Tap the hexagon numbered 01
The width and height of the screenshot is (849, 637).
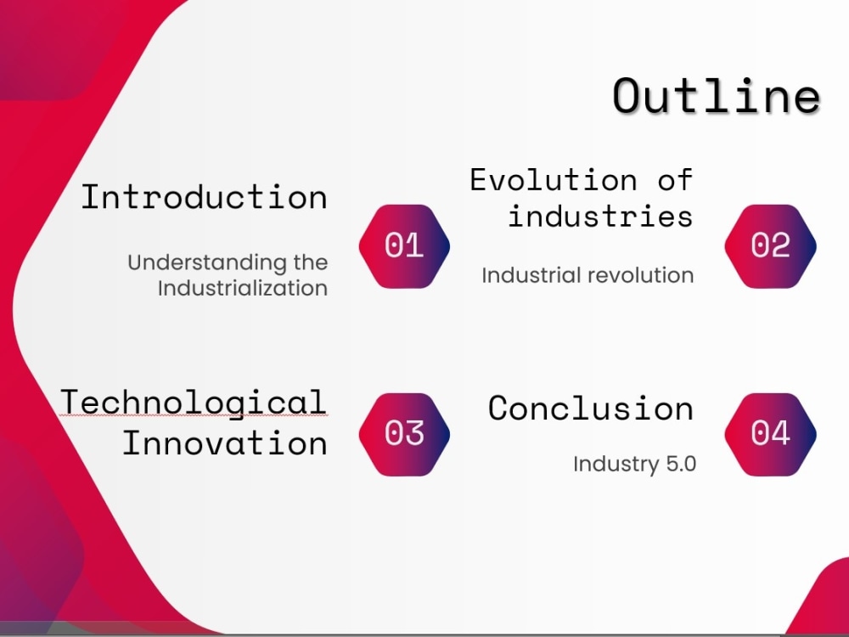tap(404, 246)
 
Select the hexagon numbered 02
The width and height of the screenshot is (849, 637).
tap(771, 246)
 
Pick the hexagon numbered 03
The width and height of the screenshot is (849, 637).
tap(404, 434)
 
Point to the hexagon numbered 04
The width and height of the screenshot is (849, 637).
tap(771, 434)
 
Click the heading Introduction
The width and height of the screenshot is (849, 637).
tap(204, 197)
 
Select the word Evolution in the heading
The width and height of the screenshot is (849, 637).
tap(554, 180)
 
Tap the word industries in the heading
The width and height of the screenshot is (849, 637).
tap(600, 216)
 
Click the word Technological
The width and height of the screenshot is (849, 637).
tap(194, 403)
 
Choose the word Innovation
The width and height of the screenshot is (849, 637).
tap(225, 443)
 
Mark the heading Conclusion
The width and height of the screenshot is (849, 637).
tap(591, 409)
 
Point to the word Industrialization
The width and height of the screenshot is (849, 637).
tap(243, 288)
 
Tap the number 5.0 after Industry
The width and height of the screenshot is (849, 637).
tap(681, 464)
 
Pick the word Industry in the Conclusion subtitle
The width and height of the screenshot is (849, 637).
tap(616, 465)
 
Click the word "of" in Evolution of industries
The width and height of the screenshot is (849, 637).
tap(675, 179)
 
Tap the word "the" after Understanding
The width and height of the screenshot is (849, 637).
tap(311, 262)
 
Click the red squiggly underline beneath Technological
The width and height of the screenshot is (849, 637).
tap(194, 415)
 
